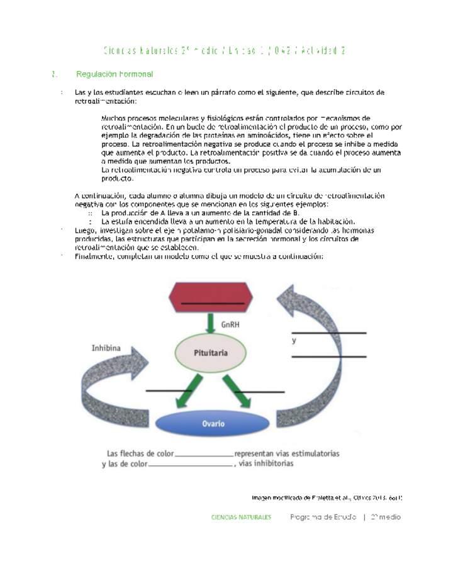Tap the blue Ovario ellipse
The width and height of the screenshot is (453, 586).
213,424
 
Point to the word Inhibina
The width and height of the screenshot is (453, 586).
106,347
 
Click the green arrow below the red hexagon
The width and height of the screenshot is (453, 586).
211,323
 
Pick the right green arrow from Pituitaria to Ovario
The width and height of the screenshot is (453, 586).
241,391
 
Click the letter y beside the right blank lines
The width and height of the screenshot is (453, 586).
294,340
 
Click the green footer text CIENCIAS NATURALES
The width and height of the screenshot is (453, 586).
241,517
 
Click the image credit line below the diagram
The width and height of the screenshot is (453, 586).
327,497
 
